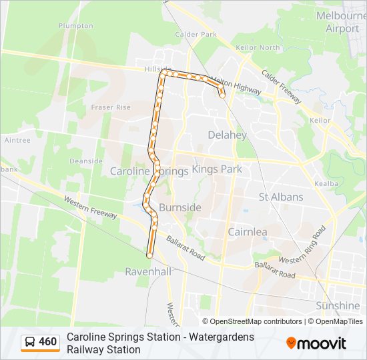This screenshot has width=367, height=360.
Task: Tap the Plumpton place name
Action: pyautogui.click(x=75, y=25)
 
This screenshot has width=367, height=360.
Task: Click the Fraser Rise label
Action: pyautogui.click(x=111, y=107)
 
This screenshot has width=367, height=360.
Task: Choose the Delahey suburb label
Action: pyautogui.click(x=227, y=135)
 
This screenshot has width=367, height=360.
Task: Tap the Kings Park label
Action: pyautogui.click(x=217, y=169)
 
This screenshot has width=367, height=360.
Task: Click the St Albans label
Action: pyautogui.click(x=280, y=197)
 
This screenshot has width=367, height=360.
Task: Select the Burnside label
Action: pyautogui.click(x=179, y=207)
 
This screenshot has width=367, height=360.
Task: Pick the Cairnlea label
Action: pyautogui.click(x=248, y=232)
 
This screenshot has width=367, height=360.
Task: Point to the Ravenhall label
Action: pyautogui.click(x=148, y=271)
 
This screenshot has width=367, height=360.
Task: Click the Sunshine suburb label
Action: pyautogui.click(x=339, y=305)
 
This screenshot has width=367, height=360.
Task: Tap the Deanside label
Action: pyautogui.click(x=85, y=161)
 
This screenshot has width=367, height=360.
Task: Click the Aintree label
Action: pyautogui.click(x=17, y=140)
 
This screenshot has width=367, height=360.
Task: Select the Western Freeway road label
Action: pyautogui.click(x=91, y=208)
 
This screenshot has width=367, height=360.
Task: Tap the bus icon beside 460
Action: pyautogui.click(x=30, y=343)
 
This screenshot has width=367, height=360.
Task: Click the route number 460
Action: pyautogui.click(x=48, y=342)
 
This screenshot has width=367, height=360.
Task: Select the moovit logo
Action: pyautogui.click(x=316, y=343)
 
